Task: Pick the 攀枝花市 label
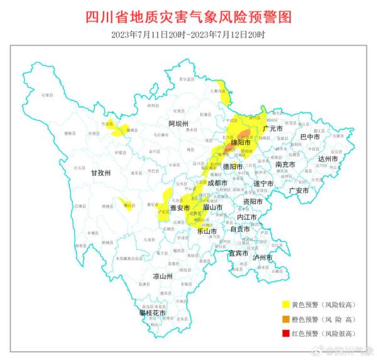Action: pyautogui.click(x=153, y=312)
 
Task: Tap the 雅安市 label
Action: pyautogui.click(x=180, y=207)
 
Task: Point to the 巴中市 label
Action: pyautogui.click(x=310, y=136)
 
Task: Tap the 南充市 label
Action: pyautogui.click(x=287, y=165)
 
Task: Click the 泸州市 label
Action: pyautogui.click(x=262, y=258)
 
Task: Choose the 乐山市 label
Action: pyautogui.click(x=207, y=231)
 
